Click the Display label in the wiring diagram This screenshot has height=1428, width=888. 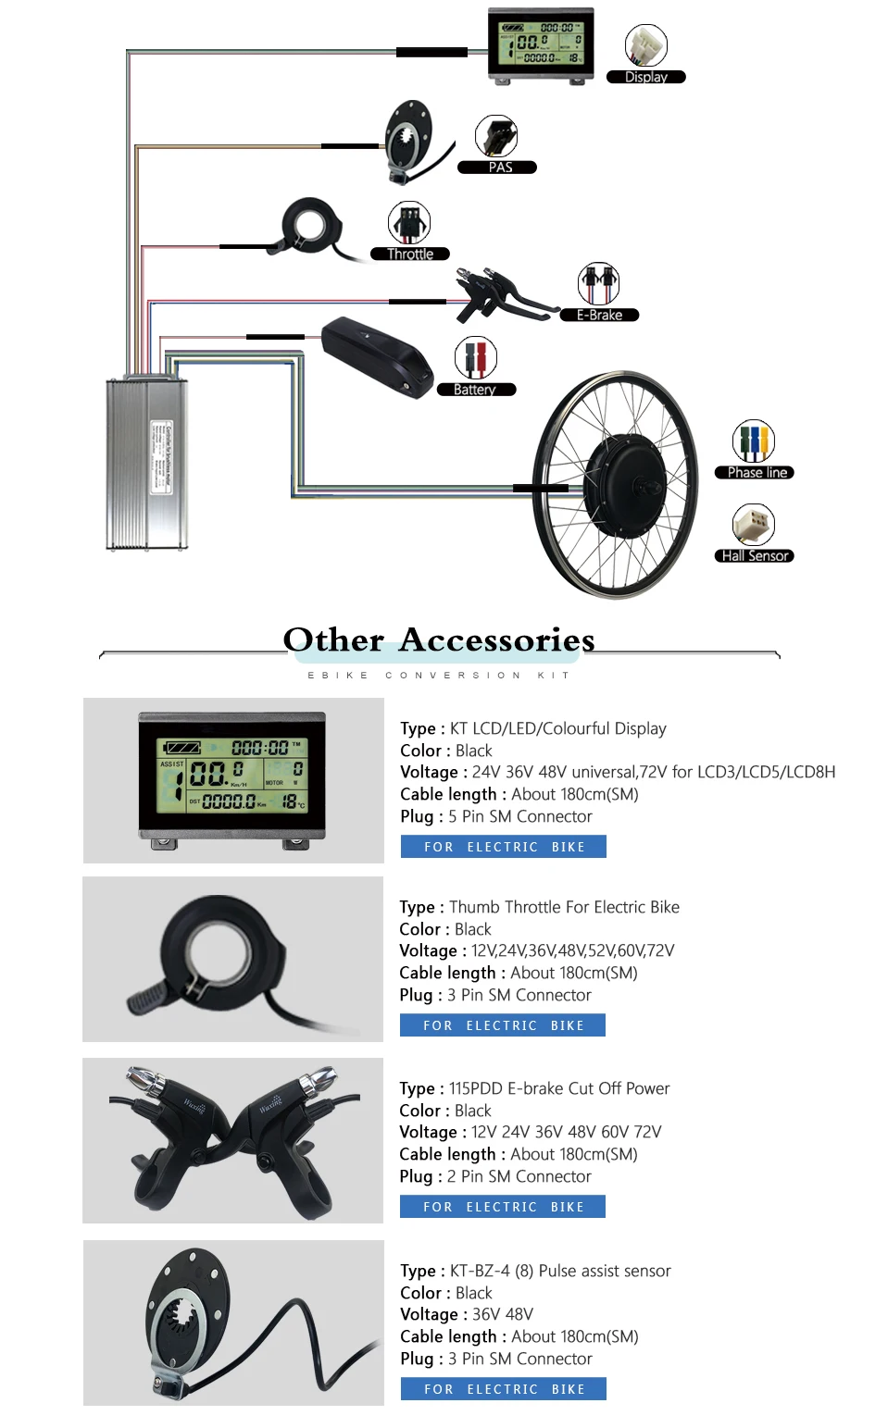[645, 78]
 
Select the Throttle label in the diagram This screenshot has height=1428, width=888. [409, 255]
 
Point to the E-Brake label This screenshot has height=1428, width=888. [599, 316]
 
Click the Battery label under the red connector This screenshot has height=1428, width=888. [475, 390]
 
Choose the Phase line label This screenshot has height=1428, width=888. [755, 473]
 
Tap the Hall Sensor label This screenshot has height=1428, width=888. [754, 556]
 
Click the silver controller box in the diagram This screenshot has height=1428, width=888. [147, 463]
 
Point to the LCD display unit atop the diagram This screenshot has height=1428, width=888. [541, 44]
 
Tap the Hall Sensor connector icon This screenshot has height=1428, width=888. [754, 525]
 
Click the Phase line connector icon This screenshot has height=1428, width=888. [754, 441]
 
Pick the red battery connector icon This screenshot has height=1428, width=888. [476, 357]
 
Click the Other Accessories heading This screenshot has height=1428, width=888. [439, 639]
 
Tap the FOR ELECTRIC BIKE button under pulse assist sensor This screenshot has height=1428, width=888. [503, 1388]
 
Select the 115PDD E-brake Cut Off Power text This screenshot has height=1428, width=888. [559, 1088]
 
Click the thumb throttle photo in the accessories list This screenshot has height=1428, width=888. [232, 960]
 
